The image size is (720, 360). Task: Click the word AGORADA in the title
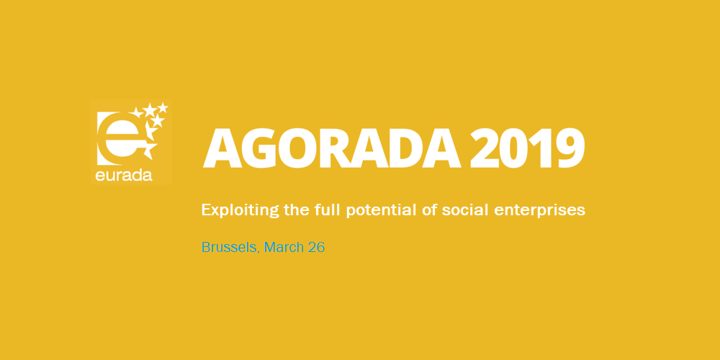coord(332,148)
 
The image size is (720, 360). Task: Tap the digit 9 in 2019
coord(569,148)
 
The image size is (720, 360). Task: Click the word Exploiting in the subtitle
coord(240,210)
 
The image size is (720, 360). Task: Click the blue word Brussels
coord(230,248)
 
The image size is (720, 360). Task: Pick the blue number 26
coord(316,248)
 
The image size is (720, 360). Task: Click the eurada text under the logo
coord(124,175)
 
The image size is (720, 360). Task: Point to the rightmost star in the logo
coord(163,107)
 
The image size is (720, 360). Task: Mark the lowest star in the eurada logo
coord(149,150)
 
